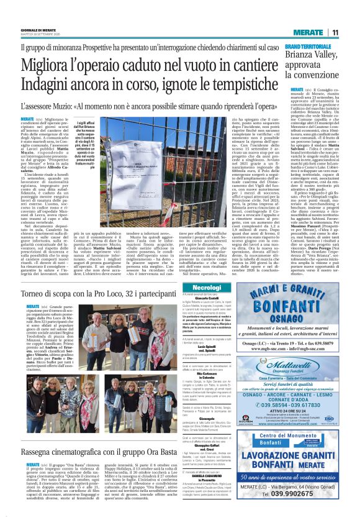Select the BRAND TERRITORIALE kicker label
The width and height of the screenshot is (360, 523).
point(311,47)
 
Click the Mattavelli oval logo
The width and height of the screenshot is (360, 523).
point(297,347)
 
